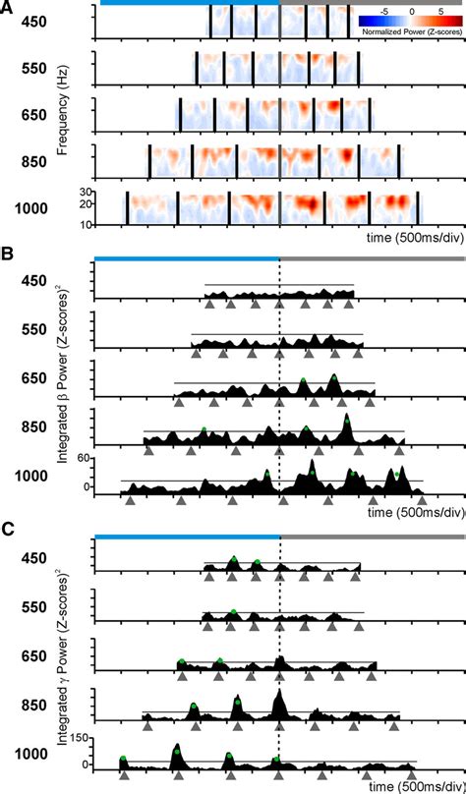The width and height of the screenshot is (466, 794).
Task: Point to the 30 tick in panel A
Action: point(85,191)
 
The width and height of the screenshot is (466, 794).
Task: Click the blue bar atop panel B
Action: point(187,259)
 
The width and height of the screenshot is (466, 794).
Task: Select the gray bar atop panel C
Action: point(373,537)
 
